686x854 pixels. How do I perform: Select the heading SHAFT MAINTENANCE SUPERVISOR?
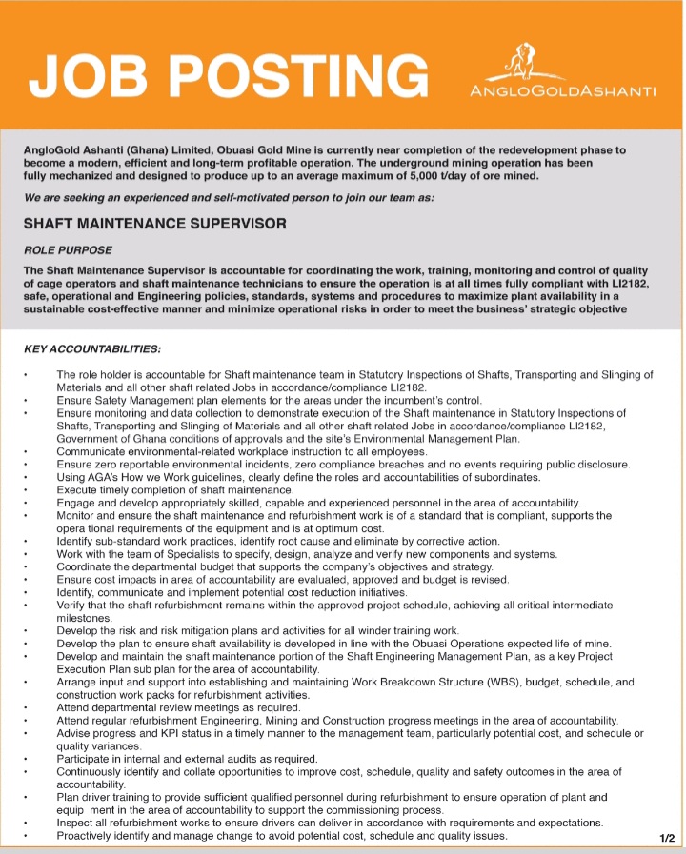click(x=154, y=226)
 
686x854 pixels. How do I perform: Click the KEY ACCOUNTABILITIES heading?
click(x=91, y=350)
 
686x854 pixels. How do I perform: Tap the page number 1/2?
click(x=666, y=838)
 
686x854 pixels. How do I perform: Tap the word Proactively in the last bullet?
click(x=89, y=836)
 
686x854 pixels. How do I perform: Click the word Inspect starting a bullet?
click(x=76, y=823)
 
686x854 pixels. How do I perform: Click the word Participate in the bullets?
click(x=87, y=759)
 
